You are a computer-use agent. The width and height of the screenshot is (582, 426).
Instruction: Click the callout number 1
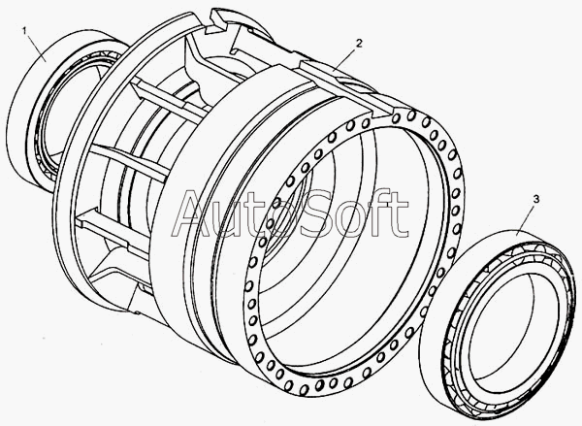25,30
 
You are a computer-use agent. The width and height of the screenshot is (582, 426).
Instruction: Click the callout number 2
358,43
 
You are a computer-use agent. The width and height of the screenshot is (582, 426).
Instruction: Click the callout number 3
536,199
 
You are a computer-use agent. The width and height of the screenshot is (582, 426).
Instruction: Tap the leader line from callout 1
36,48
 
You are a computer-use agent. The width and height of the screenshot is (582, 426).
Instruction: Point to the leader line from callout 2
345,58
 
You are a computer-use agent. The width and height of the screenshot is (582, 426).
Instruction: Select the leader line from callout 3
527,219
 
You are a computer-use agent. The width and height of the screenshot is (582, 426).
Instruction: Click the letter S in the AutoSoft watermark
322,213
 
